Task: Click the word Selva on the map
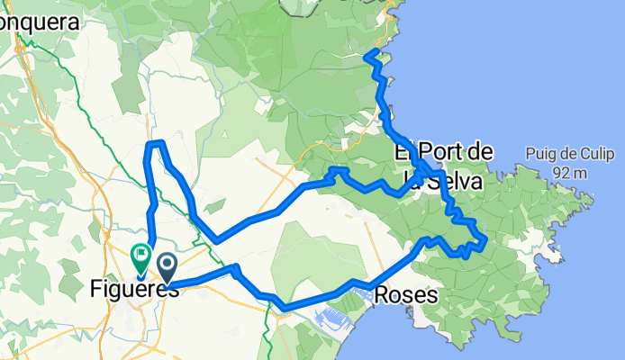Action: point(455,182)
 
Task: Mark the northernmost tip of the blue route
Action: point(368,56)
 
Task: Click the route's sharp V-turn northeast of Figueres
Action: point(216,240)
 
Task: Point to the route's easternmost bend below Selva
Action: point(485,240)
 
